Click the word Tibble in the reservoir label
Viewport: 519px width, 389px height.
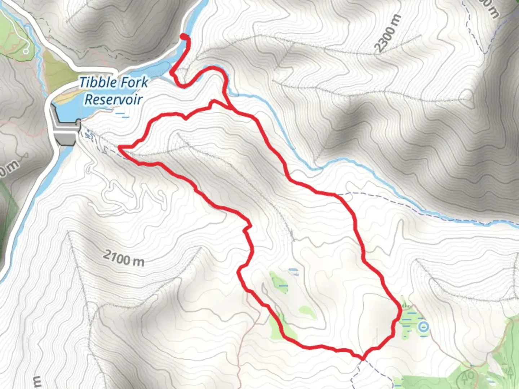pyautogui.click(x=96, y=82)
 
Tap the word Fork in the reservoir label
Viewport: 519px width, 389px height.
pyautogui.click(x=134, y=82)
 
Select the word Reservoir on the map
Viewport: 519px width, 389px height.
pyautogui.click(x=114, y=99)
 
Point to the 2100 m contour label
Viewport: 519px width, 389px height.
pyautogui.click(x=124, y=258)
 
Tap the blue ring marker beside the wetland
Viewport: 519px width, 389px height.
pyautogui.click(x=424, y=327)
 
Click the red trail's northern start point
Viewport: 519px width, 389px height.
pyautogui.click(x=184, y=37)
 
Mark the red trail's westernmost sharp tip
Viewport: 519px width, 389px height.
pyautogui.click(x=120, y=147)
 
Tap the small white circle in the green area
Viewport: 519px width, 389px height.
pyautogui.click(x=26, y=52)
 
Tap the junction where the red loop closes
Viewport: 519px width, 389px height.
pyautogui.click(x=230, y=107)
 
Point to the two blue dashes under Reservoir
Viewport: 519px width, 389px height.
pyautogui.click(x=123, y=115)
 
